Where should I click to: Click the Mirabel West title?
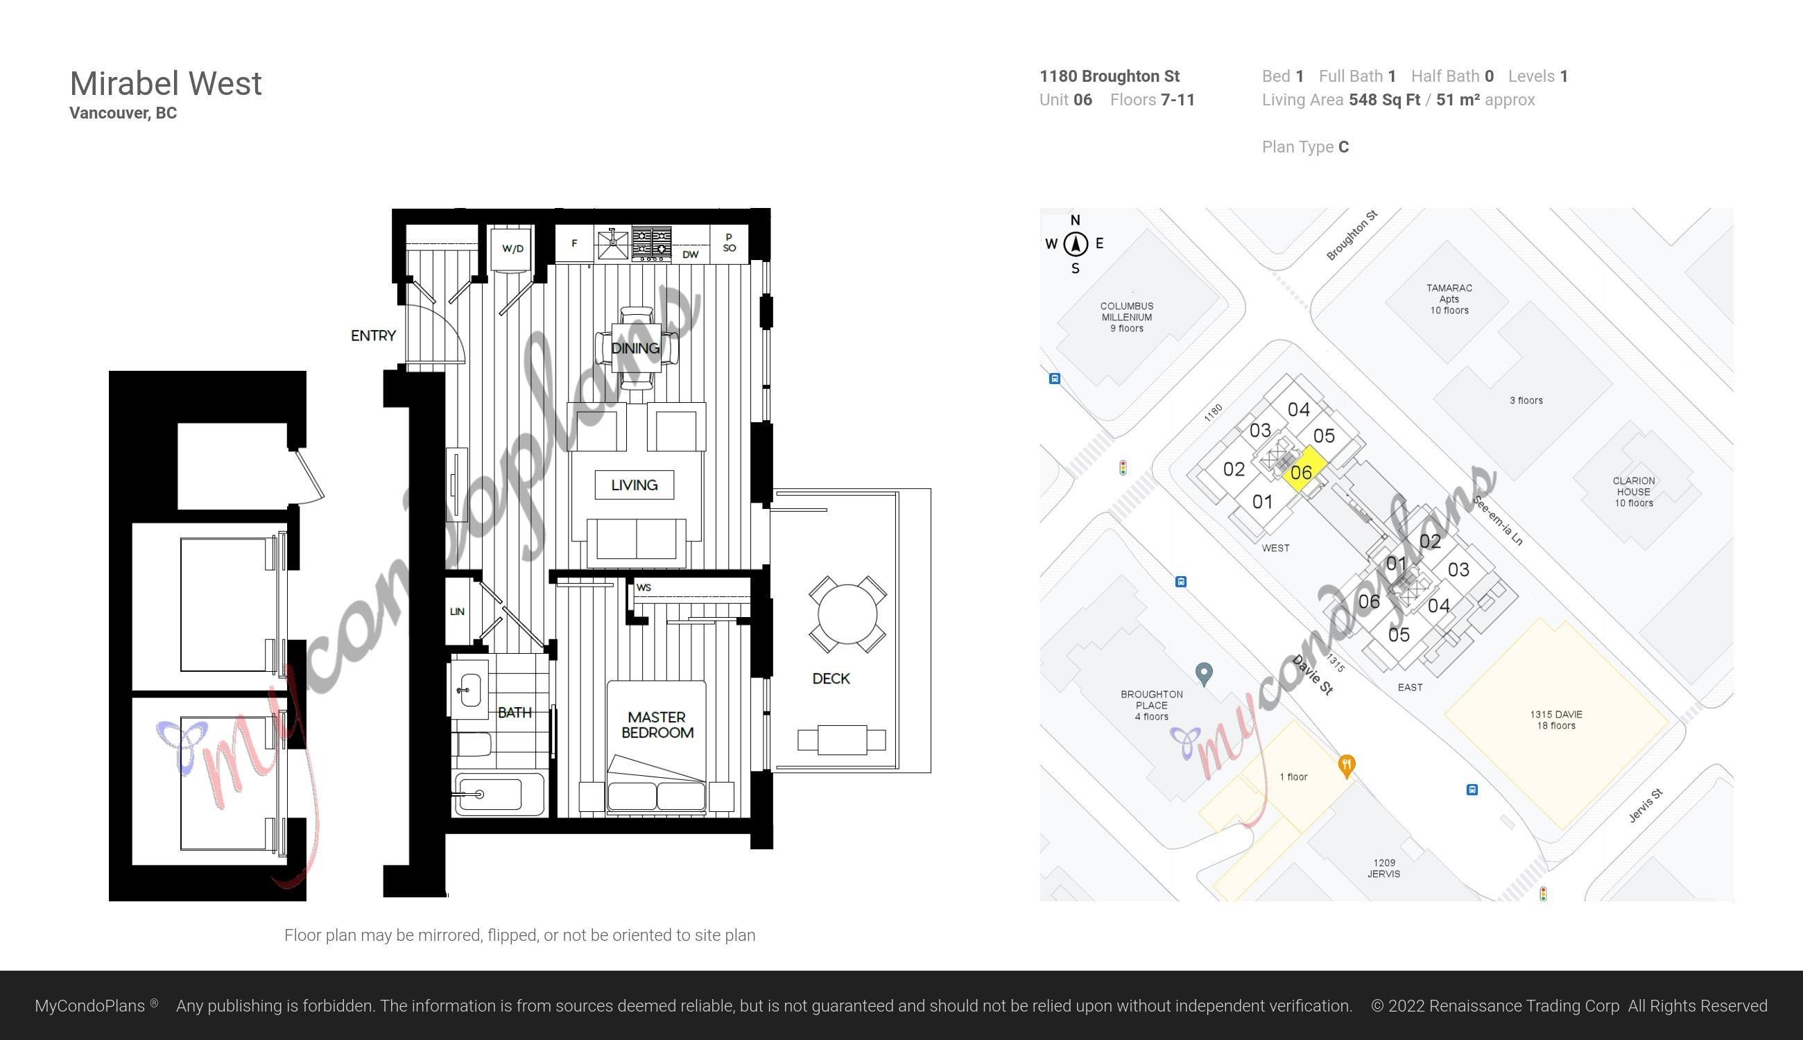point(166,84)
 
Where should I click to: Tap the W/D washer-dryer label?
point(512,249)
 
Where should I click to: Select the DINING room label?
point(635,349)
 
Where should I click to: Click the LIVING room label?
point(635,485)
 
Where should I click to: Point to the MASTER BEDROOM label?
point(657,725)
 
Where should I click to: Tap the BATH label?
point(515,712)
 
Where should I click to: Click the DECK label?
point(831,679)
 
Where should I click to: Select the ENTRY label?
point(373,336)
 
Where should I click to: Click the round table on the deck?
point(847,614)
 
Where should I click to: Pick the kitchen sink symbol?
point(613,243)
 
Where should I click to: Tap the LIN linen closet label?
point(457,612)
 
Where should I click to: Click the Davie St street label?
point(1313,677)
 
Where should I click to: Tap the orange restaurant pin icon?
point(1347,766)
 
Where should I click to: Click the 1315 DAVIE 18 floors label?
point(1556,720)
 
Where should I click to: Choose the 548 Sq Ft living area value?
point(1383,100)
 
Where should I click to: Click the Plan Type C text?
point(1305,147)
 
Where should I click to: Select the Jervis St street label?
point(1646,806)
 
